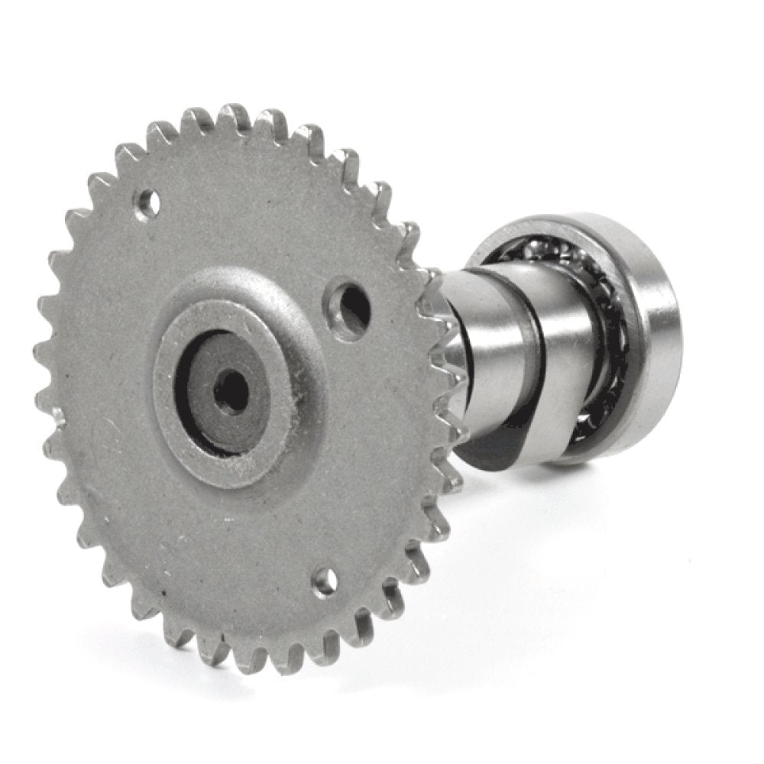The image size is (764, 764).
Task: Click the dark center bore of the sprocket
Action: click(x=231, y=392)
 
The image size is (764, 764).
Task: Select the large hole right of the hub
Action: click(x=351, y=303)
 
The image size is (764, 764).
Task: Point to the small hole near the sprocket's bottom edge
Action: click(x=325, y=583)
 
